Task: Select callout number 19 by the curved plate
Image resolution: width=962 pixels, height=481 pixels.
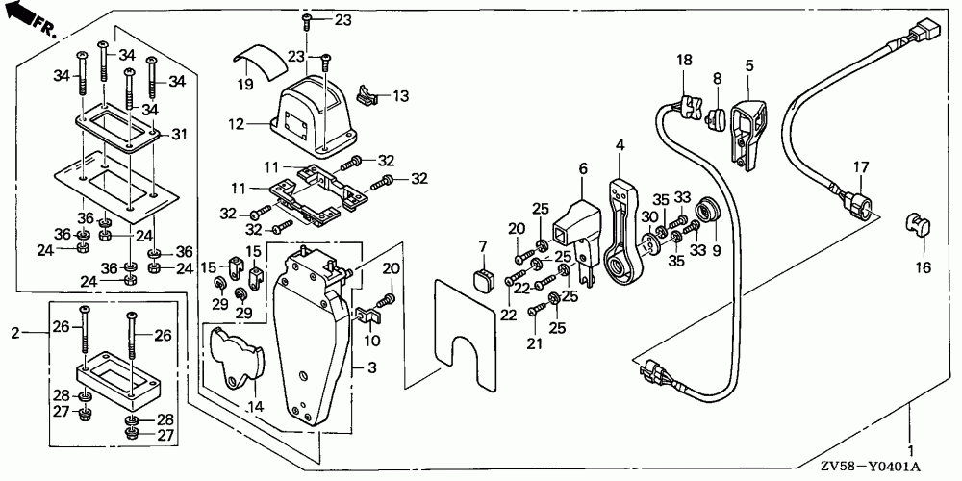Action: pyautogui.click(x=244, y=84)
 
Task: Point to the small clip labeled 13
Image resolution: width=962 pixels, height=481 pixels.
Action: pyautogui.click(x=365, y=95)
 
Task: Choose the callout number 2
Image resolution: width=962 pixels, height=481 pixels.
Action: pyautogui.click(x=15, y=333)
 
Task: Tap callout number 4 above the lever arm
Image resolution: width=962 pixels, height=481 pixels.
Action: pyautogui.click(x=620, y=145)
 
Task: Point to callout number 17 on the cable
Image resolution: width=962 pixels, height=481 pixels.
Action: pyautogui.click(x=861, y=166)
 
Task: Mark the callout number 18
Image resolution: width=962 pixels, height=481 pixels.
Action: pyautogui.click(x=683, y=61)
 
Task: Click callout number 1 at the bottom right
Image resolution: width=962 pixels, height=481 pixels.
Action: pyautogui.click(x=910, y=449)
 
